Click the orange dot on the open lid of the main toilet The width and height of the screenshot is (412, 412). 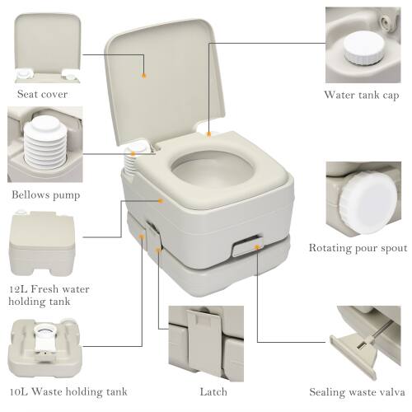click(144, 74)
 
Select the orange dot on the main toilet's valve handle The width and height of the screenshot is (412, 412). click(257, 245)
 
